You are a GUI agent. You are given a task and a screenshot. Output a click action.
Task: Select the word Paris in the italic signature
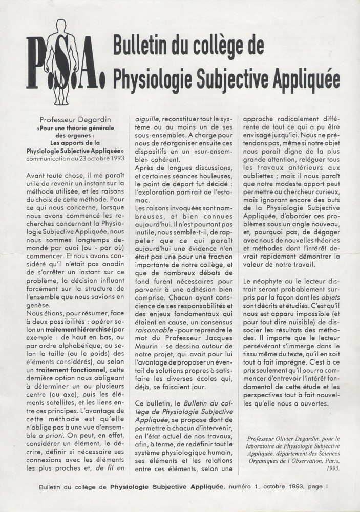tap(335, 460)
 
